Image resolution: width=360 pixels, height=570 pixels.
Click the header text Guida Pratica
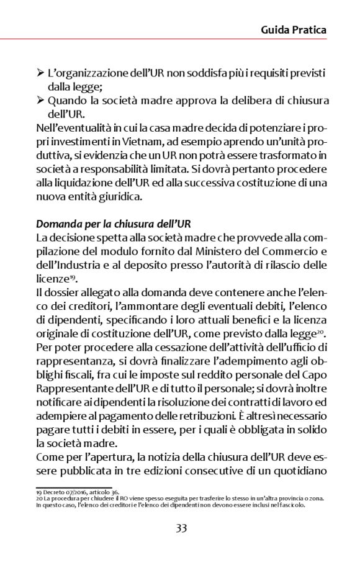tap(294, 29)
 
